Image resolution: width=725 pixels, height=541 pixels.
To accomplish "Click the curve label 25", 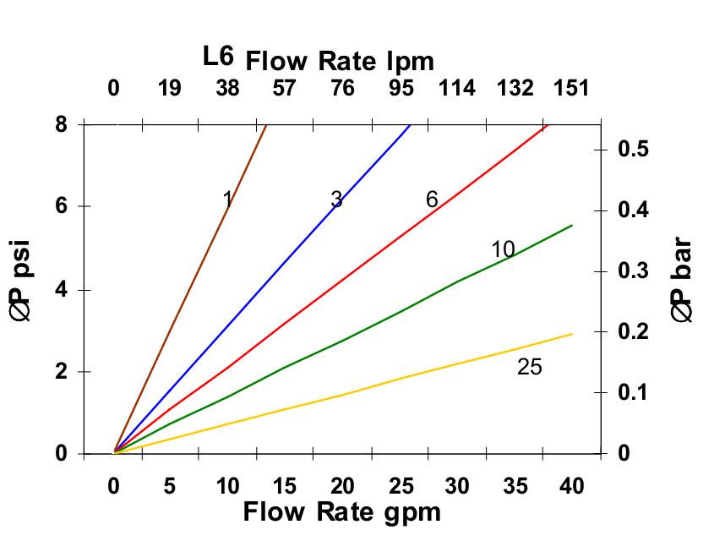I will point(530,367).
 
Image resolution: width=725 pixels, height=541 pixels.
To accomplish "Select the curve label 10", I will point(503,249).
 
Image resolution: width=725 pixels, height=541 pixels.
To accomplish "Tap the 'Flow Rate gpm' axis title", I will point(341,512).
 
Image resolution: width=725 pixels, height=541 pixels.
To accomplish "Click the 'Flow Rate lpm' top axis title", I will point(340,61).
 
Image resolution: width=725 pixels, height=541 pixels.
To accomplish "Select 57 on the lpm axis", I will point(285,88).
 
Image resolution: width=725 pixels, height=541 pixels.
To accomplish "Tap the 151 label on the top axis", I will point(571,88).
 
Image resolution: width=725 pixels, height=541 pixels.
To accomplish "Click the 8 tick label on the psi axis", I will point(62,124).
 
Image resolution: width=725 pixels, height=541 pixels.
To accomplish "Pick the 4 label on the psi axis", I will point(62,290).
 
